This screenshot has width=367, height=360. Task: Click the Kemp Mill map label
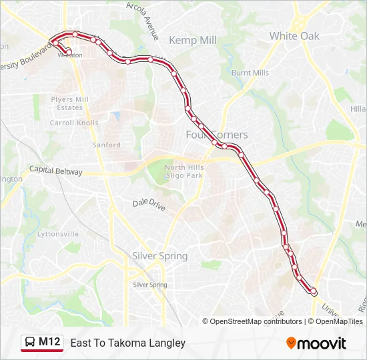(x=193, y=40)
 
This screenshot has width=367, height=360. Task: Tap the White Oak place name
(x=294, y=36)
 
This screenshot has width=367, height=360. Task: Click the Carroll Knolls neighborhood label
(x=74, y=123)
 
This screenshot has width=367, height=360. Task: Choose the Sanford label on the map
(x=106, y=145)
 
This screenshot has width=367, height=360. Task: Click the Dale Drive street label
(x=149, y=205)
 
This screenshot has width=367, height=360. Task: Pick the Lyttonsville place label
(x=58, y=234)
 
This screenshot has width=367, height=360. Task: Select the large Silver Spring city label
(x=159, y=256)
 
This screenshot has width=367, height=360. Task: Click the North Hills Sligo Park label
(x=183, y=171)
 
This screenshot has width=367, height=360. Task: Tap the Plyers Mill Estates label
(x=69, y=103)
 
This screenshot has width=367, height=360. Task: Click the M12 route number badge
(x=50, y=343)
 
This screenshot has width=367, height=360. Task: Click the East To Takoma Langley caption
(x=127, y=343)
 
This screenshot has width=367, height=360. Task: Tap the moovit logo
(x=316, y=343)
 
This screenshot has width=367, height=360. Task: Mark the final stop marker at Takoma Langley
(x=314, y=291)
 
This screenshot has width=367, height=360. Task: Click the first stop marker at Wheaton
(x=69, y=51)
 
